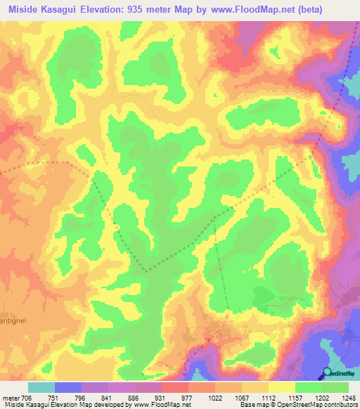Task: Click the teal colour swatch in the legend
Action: click(x=41, y=387)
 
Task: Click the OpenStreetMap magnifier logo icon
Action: click(x=328, y=373)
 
